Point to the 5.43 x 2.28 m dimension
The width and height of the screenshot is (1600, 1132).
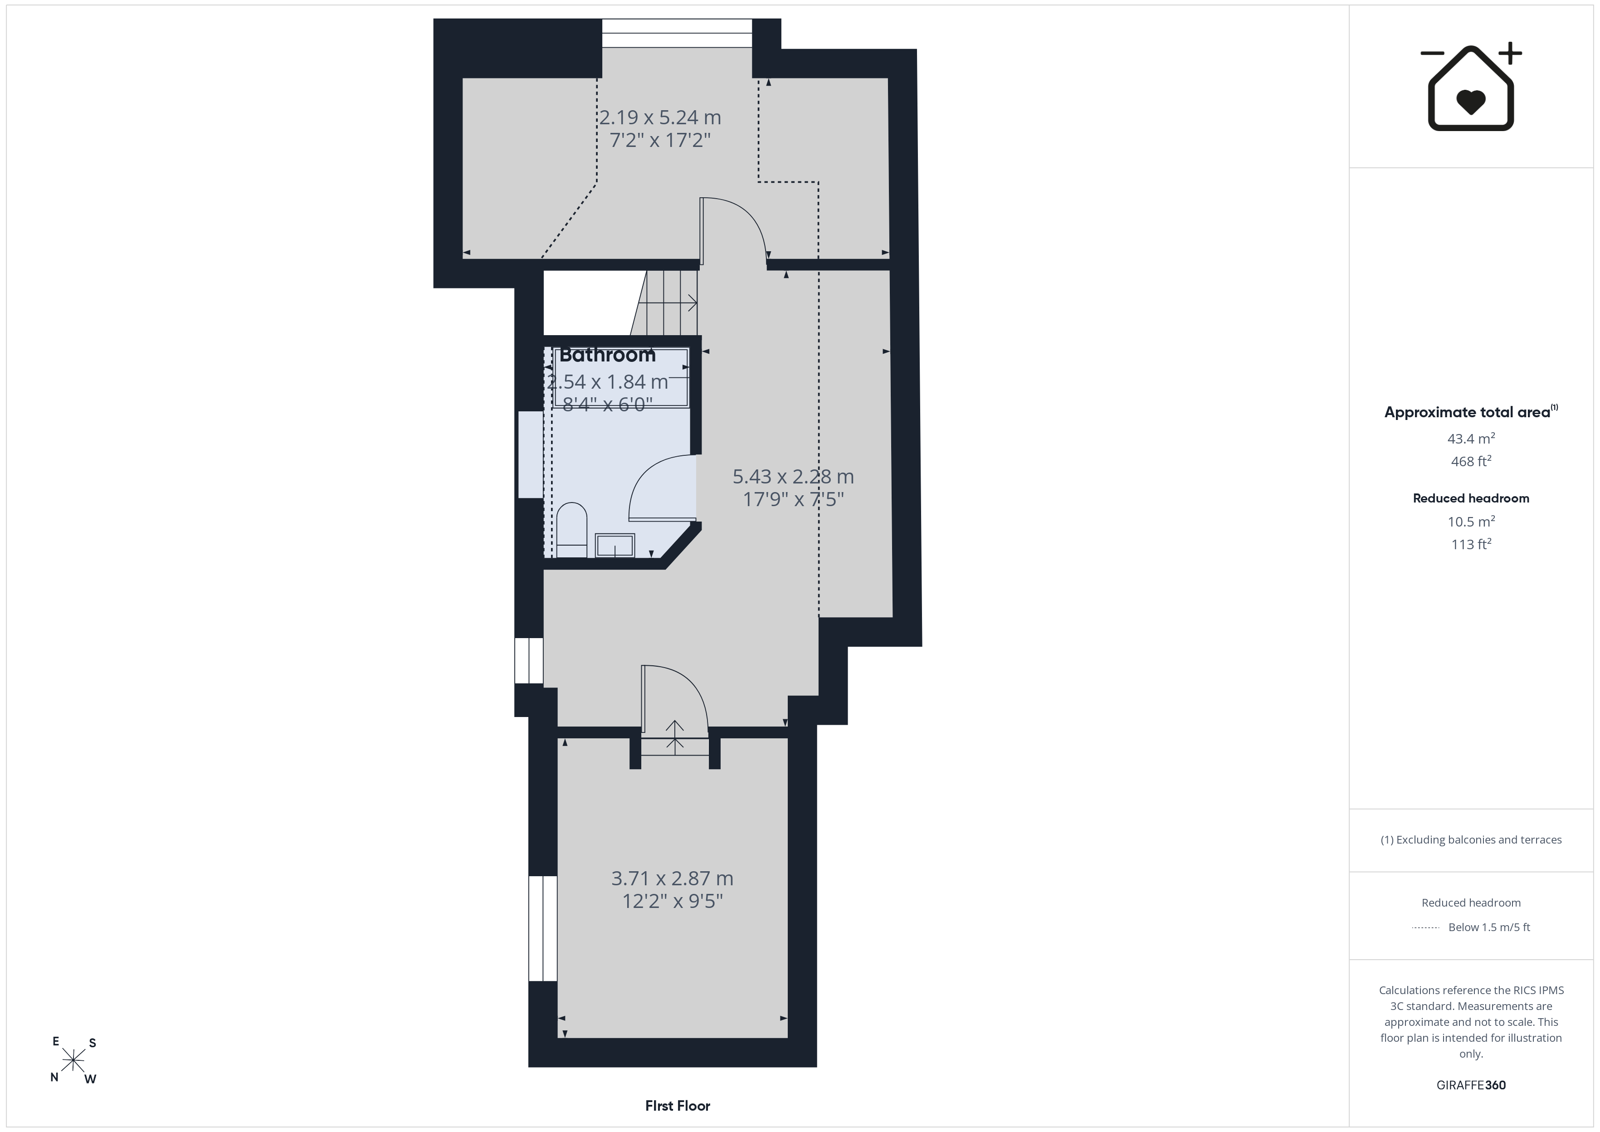pos(793,477)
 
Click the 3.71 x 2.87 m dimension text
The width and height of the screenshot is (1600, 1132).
pos(673,878)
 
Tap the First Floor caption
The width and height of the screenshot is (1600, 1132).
pos(678,1106)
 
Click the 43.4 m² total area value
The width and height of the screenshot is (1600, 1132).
pos(1471,439)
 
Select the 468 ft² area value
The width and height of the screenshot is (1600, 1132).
pos(1471,461)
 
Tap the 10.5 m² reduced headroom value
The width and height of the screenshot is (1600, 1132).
pos(1471,522)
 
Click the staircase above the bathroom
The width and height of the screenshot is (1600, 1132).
pos(665,303)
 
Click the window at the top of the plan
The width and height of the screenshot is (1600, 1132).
pos(677,33)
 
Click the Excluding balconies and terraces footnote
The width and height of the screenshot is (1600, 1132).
pos(1471,840)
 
